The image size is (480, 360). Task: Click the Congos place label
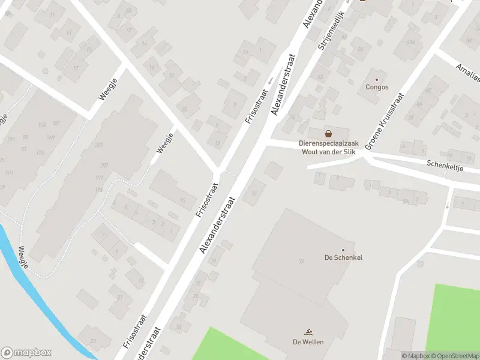[x=377, y=87]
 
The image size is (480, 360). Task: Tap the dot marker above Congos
[x=377, y=79]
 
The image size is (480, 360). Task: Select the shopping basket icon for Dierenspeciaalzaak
[x=328, y=133]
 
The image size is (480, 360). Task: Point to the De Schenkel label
[x=343, y=258]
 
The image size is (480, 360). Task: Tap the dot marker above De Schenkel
[x=343, y=250]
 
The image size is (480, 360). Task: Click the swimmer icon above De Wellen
[x=308, y=332]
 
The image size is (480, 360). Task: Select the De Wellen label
[x=308, y=342]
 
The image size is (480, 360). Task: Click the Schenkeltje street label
[x=446, y=164]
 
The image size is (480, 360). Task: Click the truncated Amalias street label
[x=468, y=73]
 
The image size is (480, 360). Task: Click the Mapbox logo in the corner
[x=26, y=353]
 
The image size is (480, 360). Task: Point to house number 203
[x=104, y=166]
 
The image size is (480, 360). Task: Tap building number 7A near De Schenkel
[x=301, y=262]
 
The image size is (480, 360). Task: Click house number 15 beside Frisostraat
[x=182, y=200]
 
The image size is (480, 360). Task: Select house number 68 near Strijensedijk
[x=319, y=77]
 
